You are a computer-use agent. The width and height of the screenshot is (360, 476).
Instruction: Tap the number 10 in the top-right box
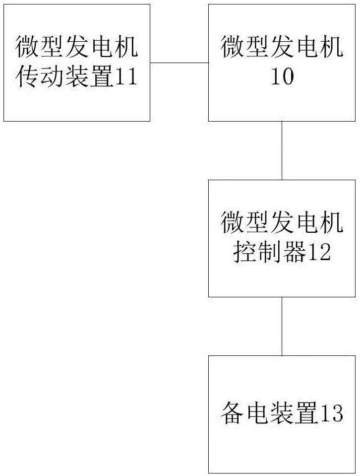pyautogui.click(x=282, y=77)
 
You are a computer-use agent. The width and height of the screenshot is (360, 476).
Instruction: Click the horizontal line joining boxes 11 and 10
pyautogui.click(x=179, y=63)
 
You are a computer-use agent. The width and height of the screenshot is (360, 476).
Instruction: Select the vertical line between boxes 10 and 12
pyautogui.click(x=282, y=150)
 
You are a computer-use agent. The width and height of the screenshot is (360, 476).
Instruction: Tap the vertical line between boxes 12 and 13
pyautogui.click(x=282, y=326)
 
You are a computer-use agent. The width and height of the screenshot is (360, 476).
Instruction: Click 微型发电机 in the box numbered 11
pyautogui.click(x=77, y=49)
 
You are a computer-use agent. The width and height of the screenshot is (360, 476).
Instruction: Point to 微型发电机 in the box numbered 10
pyautogui.click(x=282, y=49)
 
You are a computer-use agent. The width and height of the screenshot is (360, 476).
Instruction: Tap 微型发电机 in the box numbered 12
pyautogui.click(x=282, y=224)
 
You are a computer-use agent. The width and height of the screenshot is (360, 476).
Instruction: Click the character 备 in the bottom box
pyautogui.click(x=233, y=414)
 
